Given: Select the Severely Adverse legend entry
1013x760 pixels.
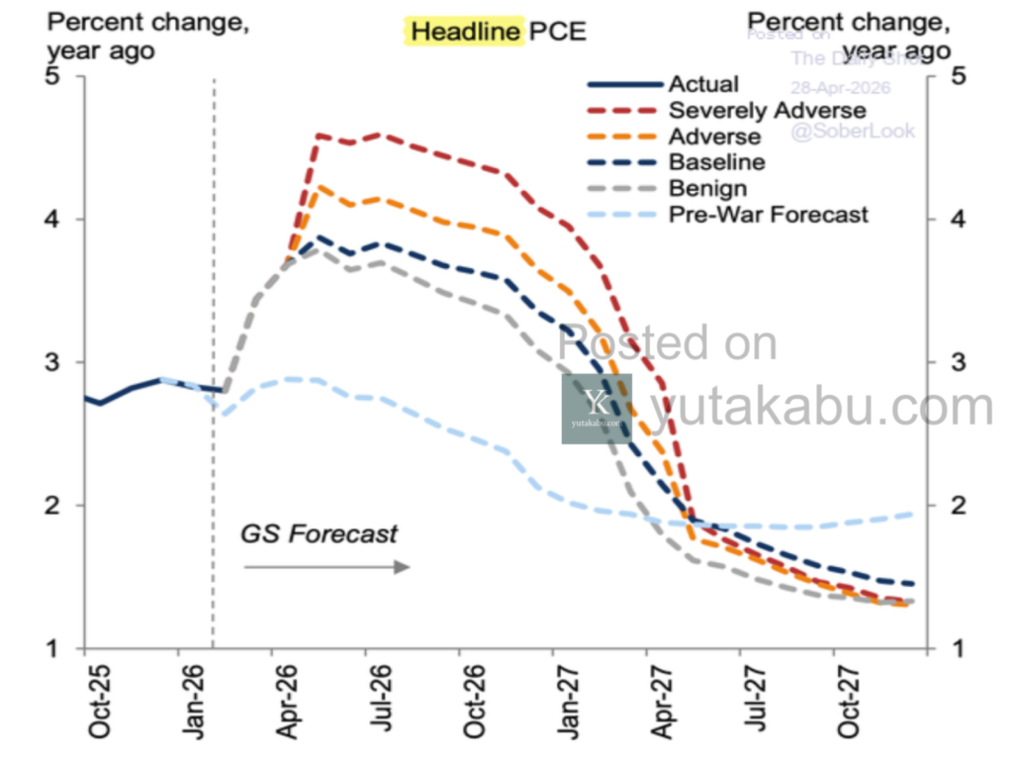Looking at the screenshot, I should point(767,110).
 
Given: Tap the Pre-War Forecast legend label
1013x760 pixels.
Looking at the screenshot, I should point(768,214).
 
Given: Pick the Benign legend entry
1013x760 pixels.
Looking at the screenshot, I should point(707,188).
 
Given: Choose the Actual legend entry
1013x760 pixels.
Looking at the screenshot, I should point(703,84).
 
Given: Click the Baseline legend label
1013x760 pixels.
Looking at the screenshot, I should point(716,162).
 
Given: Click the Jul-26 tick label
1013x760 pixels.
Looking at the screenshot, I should point(380,702).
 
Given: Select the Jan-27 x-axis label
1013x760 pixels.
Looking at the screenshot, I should point(567,702).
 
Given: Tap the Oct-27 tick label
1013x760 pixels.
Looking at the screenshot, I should point(848,702).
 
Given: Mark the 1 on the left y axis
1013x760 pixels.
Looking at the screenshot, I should point(57,648).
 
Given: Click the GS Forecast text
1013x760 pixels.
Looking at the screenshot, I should point(319,534).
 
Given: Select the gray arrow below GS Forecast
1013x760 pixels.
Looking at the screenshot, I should point(326,567).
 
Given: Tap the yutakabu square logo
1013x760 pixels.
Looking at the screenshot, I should point(597,408).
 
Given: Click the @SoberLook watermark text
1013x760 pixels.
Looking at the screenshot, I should point(852,132).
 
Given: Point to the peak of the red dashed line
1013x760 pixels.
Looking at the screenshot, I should point(320,135).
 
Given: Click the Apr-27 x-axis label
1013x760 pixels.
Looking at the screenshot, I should point(661,702).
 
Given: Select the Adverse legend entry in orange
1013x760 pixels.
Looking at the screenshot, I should point(714,137).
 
